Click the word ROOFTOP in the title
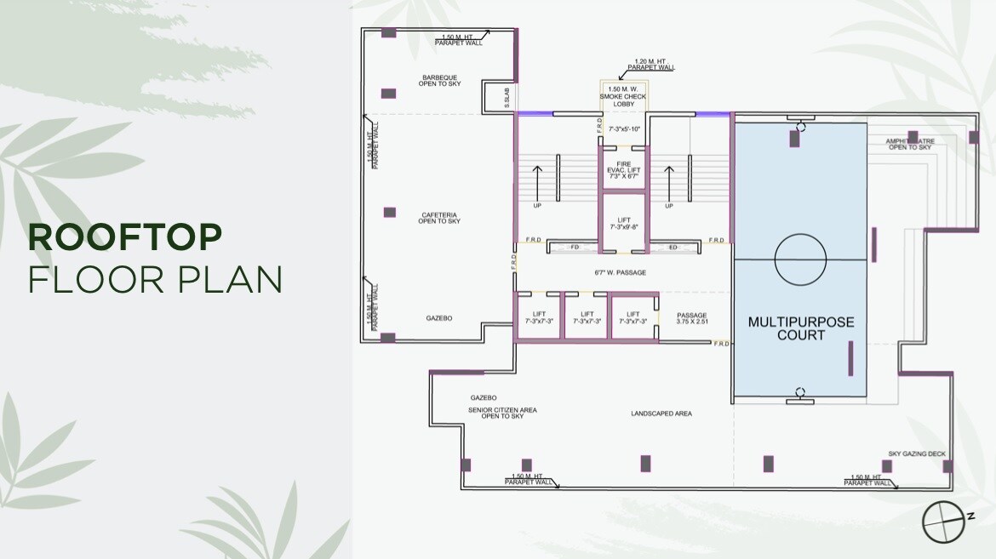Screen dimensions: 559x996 125,237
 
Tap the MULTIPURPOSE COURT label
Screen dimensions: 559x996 800,328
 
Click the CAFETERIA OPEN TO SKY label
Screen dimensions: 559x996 439,218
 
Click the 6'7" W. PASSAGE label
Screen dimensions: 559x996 620,273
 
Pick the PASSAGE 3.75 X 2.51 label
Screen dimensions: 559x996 691,319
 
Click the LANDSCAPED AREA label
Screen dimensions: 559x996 661,414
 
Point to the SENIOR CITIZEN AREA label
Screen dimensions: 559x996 502,414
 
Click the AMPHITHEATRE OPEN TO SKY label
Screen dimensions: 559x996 909,145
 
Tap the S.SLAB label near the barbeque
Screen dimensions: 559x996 506,99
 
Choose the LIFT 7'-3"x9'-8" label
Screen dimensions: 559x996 623,224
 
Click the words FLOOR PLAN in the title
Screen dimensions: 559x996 155,279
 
